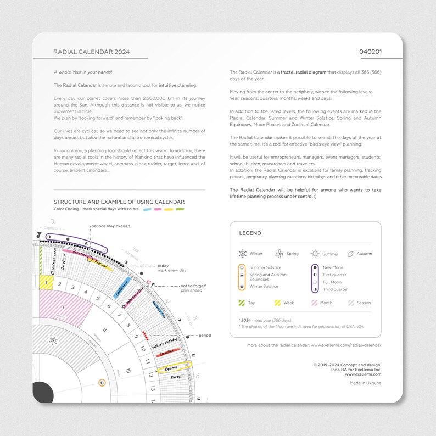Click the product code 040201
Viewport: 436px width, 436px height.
click(x=370, y=52)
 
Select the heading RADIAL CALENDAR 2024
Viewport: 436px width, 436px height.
click(x=91, y=52)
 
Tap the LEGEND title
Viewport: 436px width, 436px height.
click(x=250, y=233)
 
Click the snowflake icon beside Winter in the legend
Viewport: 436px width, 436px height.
click(x=242, y=254)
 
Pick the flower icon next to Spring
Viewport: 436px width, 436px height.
click(x=279, y=254)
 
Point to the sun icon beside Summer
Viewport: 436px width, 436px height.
click(x=315, y=254)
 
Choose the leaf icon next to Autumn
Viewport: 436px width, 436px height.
click(x=350, y=254)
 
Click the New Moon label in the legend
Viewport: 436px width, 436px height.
click(x=333, y=267)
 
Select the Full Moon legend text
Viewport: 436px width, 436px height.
click(x=333, y=282)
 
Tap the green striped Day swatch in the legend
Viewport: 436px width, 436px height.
click(x=242, y=303)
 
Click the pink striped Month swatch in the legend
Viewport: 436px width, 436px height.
click(x=315, y=303)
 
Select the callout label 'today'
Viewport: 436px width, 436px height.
click(x=163, y=266)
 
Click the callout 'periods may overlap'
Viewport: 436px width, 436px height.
click(x=110, y=226)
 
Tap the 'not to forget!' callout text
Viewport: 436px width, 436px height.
click(x=192, y=286)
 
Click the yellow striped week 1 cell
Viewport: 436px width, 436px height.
click(x=46, y=282)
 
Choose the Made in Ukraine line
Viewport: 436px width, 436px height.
click(x=365, y=383)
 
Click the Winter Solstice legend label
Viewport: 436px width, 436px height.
click(x=264, y=286)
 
